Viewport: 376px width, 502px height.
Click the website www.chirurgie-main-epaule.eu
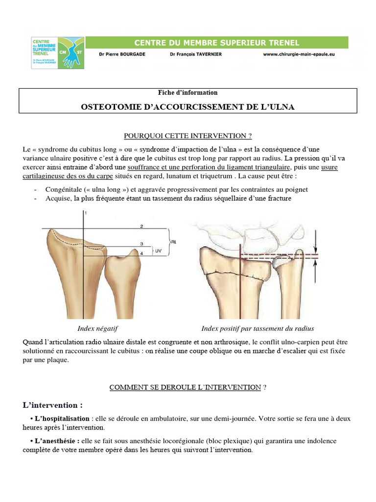[x=302, y=54]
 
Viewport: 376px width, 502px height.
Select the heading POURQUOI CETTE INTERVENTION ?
[x=188, y=136]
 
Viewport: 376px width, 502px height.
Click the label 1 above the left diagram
[x=85, y=213]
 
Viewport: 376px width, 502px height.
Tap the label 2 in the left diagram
[x=141, y=226]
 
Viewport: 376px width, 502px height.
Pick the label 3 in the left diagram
[x=141, y=244]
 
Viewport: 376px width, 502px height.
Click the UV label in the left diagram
[x=158, y=251]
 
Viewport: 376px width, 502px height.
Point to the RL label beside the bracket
[x=175, y=242]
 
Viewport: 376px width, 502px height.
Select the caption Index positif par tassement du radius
[x=258, y=328]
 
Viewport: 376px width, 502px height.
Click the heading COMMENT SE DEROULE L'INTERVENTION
[x=185, y=387]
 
